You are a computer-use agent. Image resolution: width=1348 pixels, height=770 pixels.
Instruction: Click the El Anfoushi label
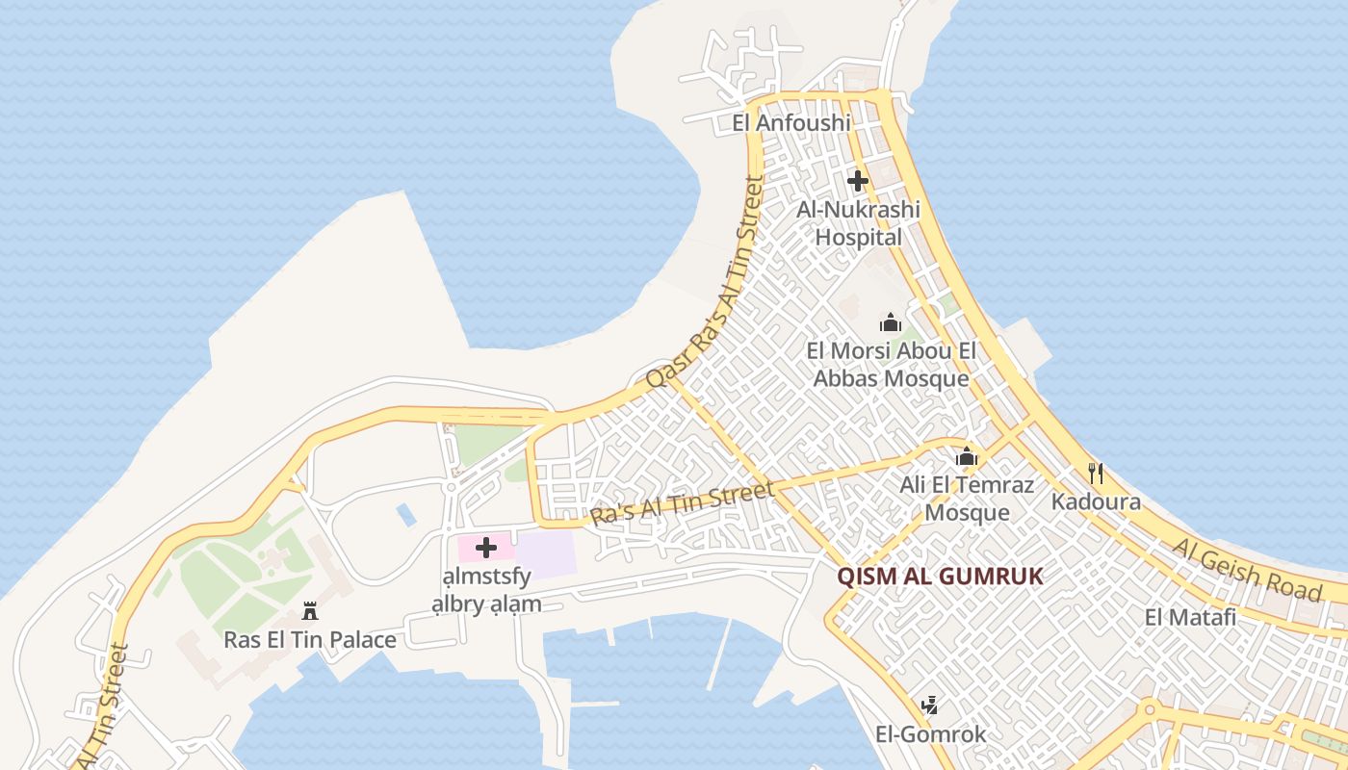pyautogui.click(x=791, y=122)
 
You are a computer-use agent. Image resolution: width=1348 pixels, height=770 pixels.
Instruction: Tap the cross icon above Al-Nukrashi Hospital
pyautogui.click(x=857, y=180)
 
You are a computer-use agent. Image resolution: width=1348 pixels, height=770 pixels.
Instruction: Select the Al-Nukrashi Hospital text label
pyautogui.click(x=858, y=223)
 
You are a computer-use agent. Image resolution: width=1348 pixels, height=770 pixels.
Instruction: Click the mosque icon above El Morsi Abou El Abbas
pyautogui.click(x=890, y=322)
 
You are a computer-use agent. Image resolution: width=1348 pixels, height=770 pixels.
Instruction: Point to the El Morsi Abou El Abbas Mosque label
pyautogui.click(x=891, y=365)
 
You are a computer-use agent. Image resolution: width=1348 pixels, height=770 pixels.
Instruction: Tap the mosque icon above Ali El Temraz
pyautogui.click(x=967, y=456)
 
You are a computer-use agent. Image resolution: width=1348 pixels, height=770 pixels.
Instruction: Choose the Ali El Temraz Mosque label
pyautogui.click(x=967, y=498)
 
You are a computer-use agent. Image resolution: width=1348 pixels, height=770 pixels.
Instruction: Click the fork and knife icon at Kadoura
pyautogui.click(x=1095, y=473)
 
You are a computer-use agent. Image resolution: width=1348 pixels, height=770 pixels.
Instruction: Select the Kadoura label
pyautogui.click(x=1096, y=501)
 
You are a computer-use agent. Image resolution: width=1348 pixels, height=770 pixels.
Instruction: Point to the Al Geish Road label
pyautogui.click(x=1247, y=569)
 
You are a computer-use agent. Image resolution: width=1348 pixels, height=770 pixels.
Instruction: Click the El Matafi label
pyautogui.click(x=1190, y=617)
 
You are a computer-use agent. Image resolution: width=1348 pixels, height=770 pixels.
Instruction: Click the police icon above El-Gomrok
pyautogui.click(x=929, y=706)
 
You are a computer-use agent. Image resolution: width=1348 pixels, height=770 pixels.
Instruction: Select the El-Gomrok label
pyautogui.click(x=930, y=734)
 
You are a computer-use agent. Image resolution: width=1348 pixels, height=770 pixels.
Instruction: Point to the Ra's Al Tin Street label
pyautogui.click(x=683, y=504)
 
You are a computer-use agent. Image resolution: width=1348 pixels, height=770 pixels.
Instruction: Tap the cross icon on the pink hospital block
pyautogui.click(x=486, y=548)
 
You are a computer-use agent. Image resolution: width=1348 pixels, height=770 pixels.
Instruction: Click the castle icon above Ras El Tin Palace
pyautogui.click(x=310, y=610)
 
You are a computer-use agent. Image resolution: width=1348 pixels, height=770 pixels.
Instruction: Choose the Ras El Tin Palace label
pyautogui.click(x=310, y=639)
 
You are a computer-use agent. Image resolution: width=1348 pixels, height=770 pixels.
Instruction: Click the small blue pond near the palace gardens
pyautogui.click(x=406, y=515)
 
